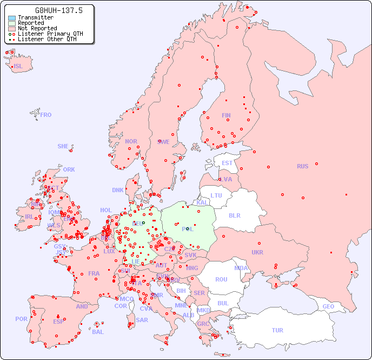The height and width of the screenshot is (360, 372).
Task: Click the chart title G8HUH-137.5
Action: (x=51, y=10)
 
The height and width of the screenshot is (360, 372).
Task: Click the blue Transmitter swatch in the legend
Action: (x=12, y=17)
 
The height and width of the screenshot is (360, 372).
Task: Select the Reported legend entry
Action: (x=30, y=23)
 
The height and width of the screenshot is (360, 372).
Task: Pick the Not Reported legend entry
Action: (x=37, y=28)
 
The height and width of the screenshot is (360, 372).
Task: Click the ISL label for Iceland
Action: (x=18, y=67)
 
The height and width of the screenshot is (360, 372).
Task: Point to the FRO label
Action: (x=46, y=115)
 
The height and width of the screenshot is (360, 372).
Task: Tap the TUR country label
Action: (x=277, y=330)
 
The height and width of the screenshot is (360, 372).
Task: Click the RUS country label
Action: (x=302, y=166)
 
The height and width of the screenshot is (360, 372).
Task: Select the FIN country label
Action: (x=226, y=115)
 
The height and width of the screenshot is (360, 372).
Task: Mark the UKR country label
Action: (x=257, y=252)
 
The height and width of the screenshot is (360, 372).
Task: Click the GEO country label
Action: (x=328, y=306)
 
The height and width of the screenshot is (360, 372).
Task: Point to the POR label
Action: (x=21, y=319)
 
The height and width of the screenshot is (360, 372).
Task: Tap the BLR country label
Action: (x=235, y=215)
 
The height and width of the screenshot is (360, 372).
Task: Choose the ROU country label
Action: (x=221, y=279)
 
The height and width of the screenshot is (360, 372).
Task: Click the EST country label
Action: (x=227, y=163)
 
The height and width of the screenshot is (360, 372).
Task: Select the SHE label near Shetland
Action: (x=63, y=146)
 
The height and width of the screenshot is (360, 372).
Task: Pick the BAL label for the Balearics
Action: (x=98, y=332)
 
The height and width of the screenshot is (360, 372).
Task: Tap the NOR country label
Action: (x=131, y=141)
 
